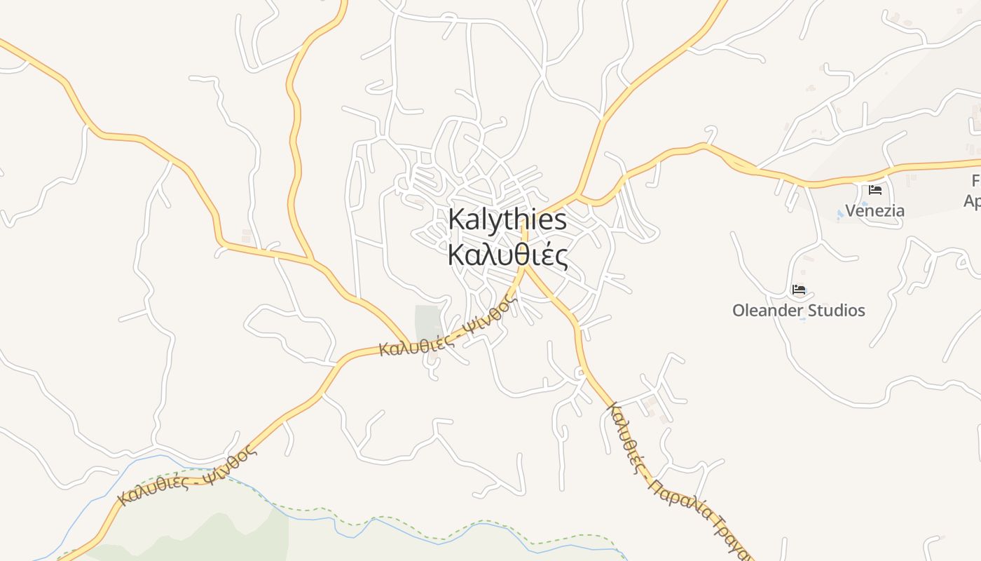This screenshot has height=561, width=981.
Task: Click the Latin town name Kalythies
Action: click(507, 220)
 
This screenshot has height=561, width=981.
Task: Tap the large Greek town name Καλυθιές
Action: click(507, 255)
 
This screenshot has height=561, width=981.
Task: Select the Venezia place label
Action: click(874, 210)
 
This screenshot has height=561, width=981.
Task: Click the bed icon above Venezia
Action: click(875, 190)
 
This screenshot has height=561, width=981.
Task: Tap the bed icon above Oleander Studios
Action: click(798, 290)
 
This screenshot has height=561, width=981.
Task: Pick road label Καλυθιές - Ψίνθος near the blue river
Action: click(187, 476)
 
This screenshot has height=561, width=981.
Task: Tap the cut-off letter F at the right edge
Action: click(975, 181)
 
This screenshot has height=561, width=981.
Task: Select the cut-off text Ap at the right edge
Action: click(972, 201)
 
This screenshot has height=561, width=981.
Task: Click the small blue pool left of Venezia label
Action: click(840, 212)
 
